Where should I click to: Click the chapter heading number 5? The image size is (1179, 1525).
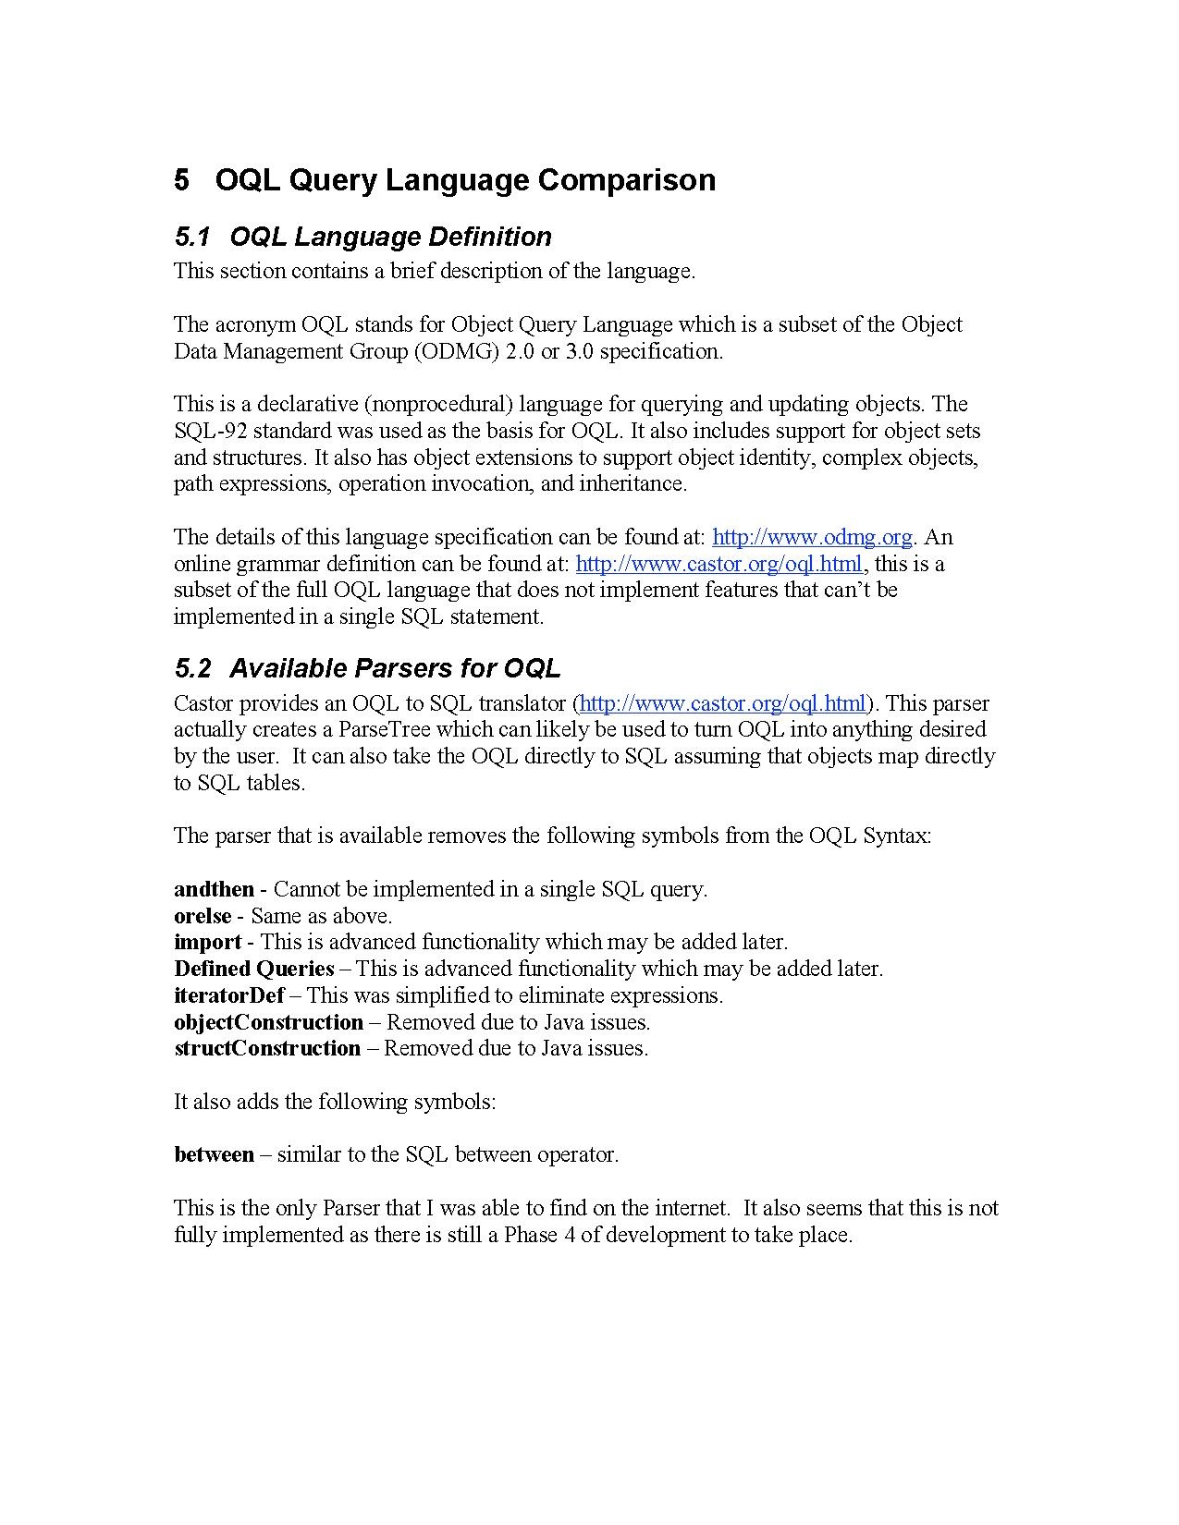(181, 179)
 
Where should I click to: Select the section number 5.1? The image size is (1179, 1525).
(192, 238)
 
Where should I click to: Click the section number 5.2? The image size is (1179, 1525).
(192, 668)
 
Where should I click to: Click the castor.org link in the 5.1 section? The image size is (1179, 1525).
(719, 564)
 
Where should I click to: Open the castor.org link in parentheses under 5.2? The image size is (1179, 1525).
(723, 703)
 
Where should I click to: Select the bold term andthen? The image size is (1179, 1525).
(214, 889)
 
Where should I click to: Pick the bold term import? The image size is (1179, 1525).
(207, 943)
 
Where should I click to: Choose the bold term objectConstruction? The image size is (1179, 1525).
(268, 1022)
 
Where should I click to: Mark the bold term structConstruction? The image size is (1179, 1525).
(267, 1048)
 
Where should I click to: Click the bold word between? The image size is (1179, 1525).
(214, 1154)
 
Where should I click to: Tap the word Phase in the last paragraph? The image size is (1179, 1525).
(530, 1235)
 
